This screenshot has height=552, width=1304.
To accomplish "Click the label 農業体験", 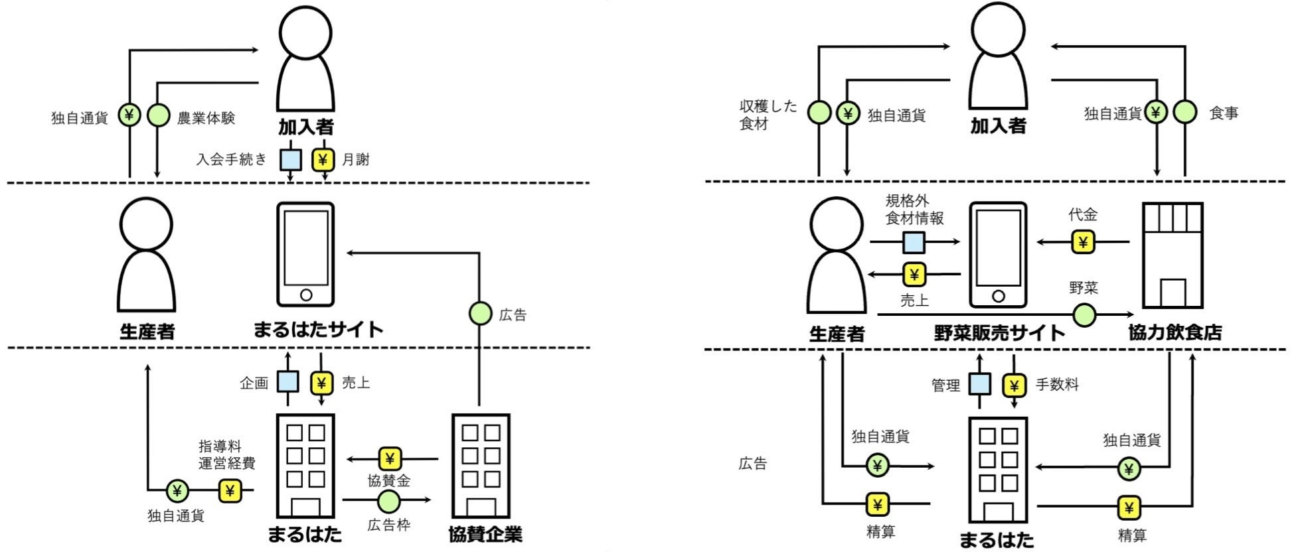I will pyautogui.click(x=206, y=118).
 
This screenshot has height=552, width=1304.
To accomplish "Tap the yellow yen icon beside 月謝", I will pyautogui.click(x=323, y=160).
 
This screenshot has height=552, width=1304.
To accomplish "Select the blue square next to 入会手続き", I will pyautogui.click(x=290, y=160).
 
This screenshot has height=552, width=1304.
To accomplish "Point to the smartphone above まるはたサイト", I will pyautogui.click(x=305, y=255).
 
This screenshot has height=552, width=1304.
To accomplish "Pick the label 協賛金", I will pyautogui.click(x=389, y=480).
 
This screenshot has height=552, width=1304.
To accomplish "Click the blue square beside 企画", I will pyautogui.click(x=287, y=382).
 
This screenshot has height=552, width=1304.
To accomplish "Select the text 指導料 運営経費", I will pyautogui.click(x=226, y=454).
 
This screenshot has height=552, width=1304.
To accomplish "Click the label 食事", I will pyautogui.click(x=1224, y=113).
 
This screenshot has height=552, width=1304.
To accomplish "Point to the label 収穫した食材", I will pyautogui.click(x=768, y=115).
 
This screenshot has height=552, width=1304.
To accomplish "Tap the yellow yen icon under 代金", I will pyautogui.click(x=1083, y=242).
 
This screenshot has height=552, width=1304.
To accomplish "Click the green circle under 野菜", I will pyautogui.click(x=1084, y=314).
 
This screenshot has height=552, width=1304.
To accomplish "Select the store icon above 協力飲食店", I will pyautogui.click(x=1173, y=255).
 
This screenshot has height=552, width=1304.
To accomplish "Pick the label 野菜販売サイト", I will pyautogui.click(x=999, y=332).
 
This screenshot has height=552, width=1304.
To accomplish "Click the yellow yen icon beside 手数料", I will pyautogui.click(x=1014, y=385).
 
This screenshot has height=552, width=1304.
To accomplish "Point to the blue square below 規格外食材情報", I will pyautogui.click(x=914, y=242).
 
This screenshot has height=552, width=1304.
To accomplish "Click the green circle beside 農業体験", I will pyautogui.click(x=158, y=115).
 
